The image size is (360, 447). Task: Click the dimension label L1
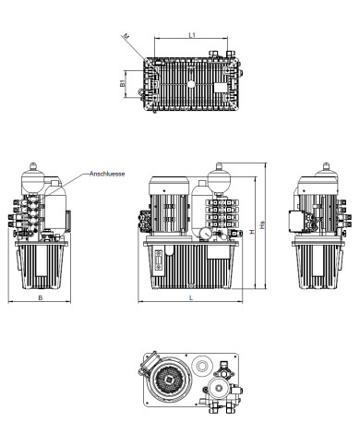(191, 34)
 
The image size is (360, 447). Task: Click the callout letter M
(126, 37)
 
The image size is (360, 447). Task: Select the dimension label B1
(124, 84)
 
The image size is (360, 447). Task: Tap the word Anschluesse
(108, 173)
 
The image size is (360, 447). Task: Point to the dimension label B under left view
(40, 297)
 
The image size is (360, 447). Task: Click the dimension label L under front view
(191, 298)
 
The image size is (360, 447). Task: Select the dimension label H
(251, 232)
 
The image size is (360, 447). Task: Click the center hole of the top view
(191, 82)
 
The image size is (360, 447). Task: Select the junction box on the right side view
(301, 223)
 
